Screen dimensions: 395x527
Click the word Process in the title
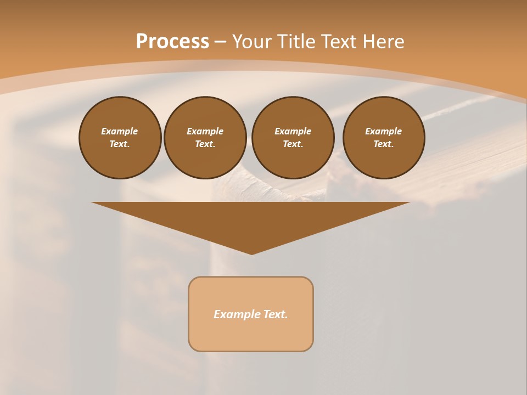point(172,42)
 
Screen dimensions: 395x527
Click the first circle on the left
point(120,159)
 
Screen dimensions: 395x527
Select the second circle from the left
point(205,162)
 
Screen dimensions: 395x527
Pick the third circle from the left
point(293,162)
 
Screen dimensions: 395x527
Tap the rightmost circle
point(383,162)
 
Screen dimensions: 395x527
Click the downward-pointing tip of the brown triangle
point(251,253)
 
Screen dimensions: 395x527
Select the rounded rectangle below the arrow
point(251,335)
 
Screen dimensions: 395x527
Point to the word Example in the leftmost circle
point(120,131)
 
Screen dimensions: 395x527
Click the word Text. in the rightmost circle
point(383,144)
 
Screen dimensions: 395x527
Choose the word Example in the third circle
point(293,131)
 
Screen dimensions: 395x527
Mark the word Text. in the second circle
point(205,144)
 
